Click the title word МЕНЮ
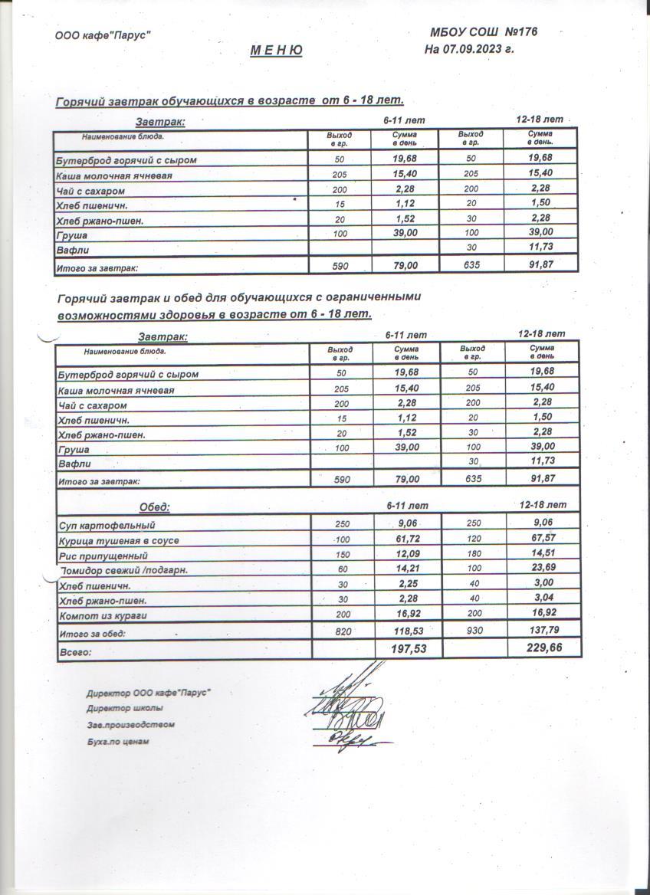tap(277, 51)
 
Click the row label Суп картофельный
tap(107, 526)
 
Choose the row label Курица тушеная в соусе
tap(119, 540)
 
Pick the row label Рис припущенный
tap(103, 556)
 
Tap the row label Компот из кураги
tap(103, 615)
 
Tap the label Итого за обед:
tap(93, 634)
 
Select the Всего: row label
tap(75, 652)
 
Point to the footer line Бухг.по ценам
tap(118, 742)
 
